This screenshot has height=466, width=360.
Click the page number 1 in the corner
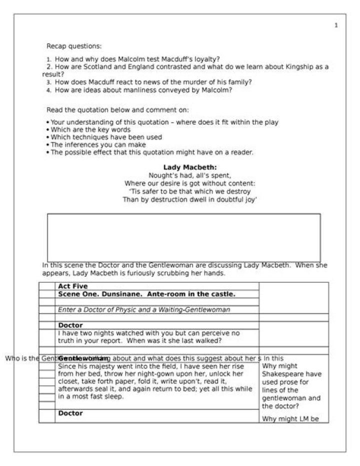(x=336, y=25)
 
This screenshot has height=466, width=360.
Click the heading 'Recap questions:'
(x=74, y=46)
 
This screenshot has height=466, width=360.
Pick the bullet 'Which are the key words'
(x=90, y=130)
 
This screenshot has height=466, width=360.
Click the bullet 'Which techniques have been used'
(x=106, y=137)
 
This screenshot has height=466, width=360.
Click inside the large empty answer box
(x=184, y=237)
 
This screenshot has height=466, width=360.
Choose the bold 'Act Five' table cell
(x=73, y=286)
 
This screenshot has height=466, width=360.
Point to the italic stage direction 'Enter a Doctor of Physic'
(x=97, y=310)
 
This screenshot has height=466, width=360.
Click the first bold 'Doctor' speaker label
(x=70, y=325)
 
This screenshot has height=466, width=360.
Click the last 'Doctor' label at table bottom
(x=70, y=413)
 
